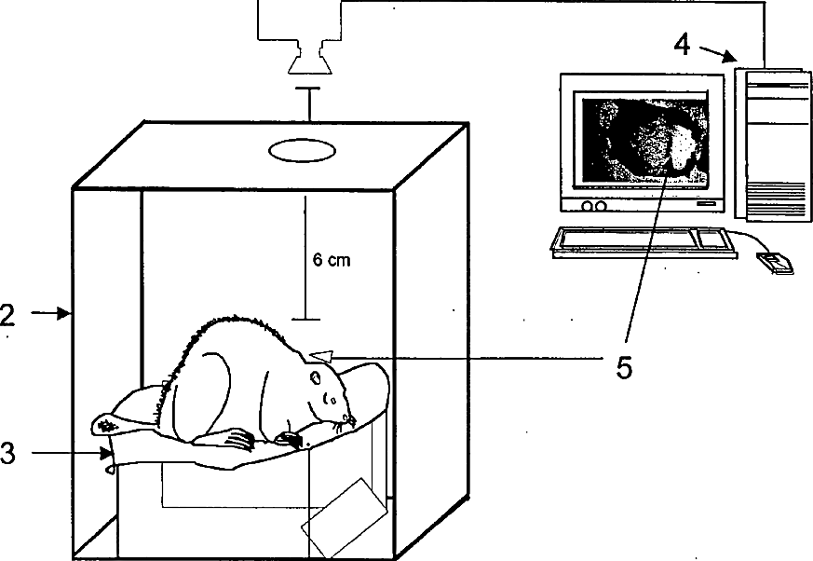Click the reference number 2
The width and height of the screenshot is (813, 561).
7,315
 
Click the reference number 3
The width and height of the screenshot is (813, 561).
7,454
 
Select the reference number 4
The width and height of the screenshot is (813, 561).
682,44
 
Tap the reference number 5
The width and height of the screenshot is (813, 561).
624,366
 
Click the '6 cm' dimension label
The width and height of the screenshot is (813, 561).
332,261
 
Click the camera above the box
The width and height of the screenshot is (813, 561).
307,62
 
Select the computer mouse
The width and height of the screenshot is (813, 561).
775,263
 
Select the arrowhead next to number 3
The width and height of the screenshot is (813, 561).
108,454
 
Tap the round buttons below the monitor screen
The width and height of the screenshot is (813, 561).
592,205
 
